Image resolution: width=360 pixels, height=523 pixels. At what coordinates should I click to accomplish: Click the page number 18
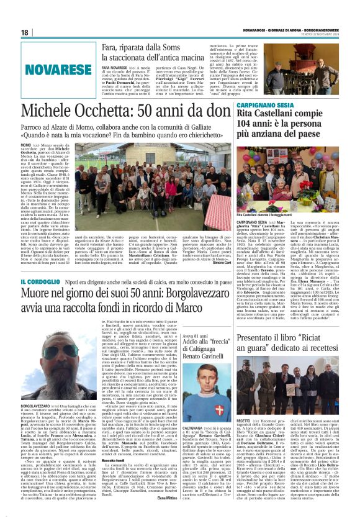[25, 32]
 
